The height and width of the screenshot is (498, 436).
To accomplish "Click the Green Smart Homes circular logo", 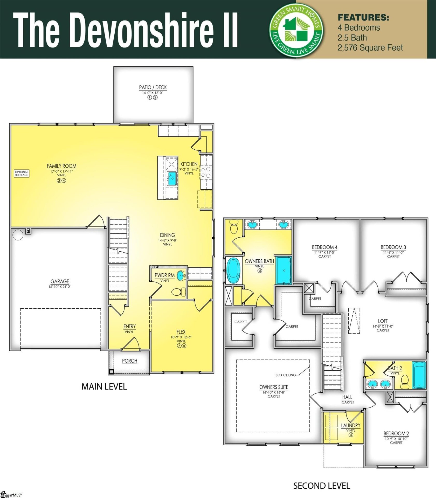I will tap(296, 29).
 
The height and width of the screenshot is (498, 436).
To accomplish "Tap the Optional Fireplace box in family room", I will tap(21, 174).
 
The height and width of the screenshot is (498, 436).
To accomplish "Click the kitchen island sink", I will tap(171, 178).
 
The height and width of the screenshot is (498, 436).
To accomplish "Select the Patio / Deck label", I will tap(153, 87).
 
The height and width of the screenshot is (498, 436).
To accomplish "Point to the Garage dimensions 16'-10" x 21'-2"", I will tap(60, 287).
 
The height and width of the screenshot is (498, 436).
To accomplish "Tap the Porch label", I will tap(129, 361).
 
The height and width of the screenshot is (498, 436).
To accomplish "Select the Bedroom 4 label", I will tap(324, 247).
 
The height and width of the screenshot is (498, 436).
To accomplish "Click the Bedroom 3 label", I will tap(393, 247).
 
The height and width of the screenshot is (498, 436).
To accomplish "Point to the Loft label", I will tap(383, 321).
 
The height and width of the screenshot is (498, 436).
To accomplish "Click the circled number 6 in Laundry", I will tap(351, 435).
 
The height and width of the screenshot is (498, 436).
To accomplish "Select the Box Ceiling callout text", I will tap(285, 375).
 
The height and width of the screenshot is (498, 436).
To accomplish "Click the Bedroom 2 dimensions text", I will tap(396, 439).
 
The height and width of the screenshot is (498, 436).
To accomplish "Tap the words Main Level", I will tap(104, 387).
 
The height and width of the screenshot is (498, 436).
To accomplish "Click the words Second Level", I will tap(322, 486).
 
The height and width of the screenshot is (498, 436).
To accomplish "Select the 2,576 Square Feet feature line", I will tap(370, 48).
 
